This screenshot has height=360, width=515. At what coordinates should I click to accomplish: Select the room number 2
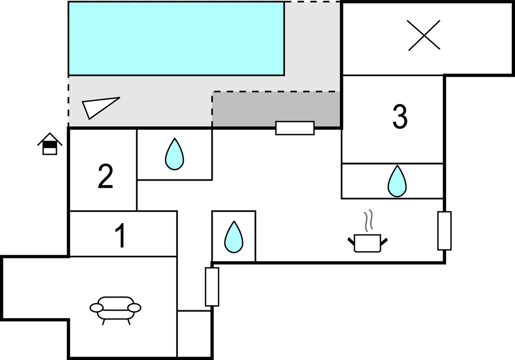(105, 177)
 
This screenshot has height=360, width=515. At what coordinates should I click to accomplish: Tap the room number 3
(400, 117)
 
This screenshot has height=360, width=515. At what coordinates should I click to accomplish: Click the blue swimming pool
(176, 38)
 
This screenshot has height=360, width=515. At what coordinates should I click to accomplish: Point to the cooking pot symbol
(368, 242)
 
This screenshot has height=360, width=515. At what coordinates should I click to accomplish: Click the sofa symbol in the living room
(115, 309)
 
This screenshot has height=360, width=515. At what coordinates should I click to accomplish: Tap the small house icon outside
(50, 145)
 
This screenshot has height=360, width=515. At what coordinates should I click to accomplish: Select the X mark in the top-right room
(424, 35)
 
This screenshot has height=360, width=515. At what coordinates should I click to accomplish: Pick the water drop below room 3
(397, 181)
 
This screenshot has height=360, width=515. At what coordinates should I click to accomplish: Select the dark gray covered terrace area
(276, 109)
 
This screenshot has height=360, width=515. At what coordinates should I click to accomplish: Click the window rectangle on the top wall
(295, 128)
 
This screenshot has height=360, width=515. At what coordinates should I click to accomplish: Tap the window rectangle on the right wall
(444, 230)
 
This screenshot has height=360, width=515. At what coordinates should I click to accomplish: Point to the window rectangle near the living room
(212, 287)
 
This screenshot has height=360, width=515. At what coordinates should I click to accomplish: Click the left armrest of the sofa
(96, 307)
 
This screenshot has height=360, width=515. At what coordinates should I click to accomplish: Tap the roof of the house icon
(50, 137)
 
